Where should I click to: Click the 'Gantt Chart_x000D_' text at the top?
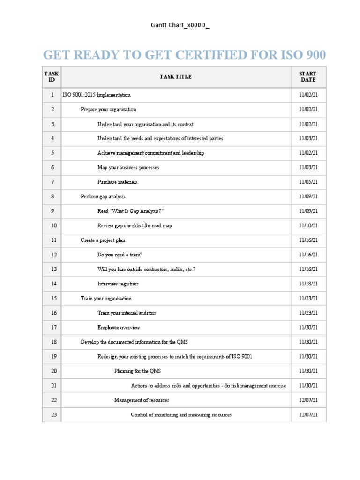point(180,25)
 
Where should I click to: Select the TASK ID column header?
point(52,77)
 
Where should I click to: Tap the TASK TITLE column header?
point(176,77)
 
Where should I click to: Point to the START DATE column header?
point(308,77)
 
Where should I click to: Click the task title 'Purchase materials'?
point(117,182)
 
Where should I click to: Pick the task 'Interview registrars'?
point(118,284)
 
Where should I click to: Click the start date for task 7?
point(308,182)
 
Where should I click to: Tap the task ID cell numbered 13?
point(53,269)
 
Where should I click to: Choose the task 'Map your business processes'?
point(128,167)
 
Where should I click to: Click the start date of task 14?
point(308,284)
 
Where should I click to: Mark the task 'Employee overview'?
point(119,327)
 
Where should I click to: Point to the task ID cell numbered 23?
point(53,414)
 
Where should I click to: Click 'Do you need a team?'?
point(120,255)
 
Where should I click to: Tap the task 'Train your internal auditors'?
point(127,313)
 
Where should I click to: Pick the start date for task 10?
point(308,225)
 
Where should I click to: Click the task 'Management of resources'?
point(142,400)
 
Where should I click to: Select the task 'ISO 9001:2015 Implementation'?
point(97,95)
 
